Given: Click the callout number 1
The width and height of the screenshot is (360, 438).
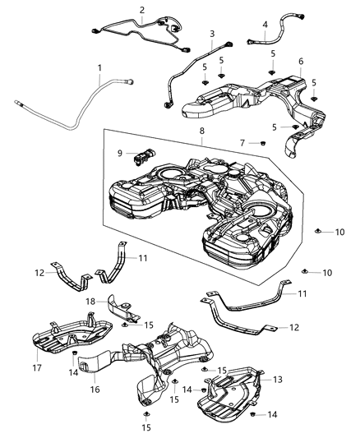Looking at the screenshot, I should [x=99, y=67].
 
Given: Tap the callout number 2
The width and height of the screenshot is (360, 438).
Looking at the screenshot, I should [x=142, y=10].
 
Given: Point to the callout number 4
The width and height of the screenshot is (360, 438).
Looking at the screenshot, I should [x=265, y=24].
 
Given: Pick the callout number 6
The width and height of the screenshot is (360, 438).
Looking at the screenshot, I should [x=301, y=62].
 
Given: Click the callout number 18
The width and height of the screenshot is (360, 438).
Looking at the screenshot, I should [x=93, y=302].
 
